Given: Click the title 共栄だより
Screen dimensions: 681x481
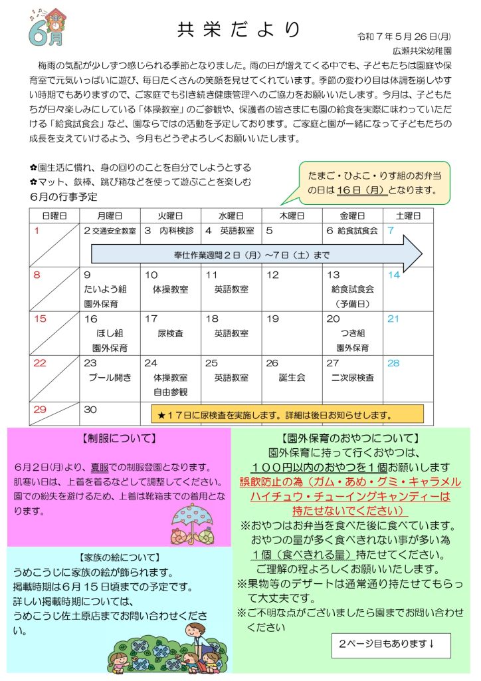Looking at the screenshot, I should tap(239, 31).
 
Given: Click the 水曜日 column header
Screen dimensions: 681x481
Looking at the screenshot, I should tap(231, 215).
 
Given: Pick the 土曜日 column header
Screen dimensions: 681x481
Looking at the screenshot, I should tap(408, 215).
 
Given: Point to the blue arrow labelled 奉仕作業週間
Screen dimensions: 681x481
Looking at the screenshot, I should tap(256, 254).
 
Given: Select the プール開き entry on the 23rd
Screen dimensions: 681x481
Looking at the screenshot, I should tap(110, 378).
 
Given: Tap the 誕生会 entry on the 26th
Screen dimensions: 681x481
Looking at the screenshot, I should tap(292, 378).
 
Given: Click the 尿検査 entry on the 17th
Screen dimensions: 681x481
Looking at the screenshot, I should tap(170, 333).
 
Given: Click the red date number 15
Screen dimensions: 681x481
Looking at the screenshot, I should tap(41, 319).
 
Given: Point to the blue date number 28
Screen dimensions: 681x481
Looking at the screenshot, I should tap(393, 363).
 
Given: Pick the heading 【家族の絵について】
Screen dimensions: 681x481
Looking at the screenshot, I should tap(119, 557).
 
